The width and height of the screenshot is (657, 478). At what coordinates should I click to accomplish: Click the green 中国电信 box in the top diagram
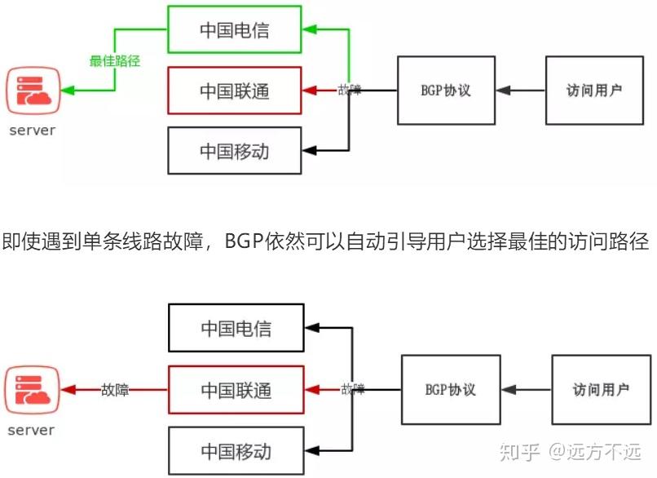[x=235, y=30]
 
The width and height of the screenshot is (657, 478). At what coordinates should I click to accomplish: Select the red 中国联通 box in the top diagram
[x=235, y=91]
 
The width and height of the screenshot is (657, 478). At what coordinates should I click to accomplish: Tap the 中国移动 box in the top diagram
[x=235, y=151]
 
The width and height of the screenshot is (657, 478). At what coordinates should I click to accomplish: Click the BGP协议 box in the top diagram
[x=446, y=91]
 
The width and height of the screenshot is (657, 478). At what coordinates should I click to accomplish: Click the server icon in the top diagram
[x=33, y=91]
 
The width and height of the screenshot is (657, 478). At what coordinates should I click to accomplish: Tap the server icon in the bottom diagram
[x=32, y=390]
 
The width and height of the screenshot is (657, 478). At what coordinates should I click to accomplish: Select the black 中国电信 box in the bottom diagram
[x=236, y=329]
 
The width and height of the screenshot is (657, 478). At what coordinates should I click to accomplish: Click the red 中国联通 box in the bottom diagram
[x=236, y=390]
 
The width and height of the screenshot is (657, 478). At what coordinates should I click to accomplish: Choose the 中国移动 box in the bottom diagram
[x=236, y=450]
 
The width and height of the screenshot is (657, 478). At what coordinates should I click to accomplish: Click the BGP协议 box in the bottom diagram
[x=451, y=389]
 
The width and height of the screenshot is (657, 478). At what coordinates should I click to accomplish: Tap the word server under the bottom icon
[x=32, y=430]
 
